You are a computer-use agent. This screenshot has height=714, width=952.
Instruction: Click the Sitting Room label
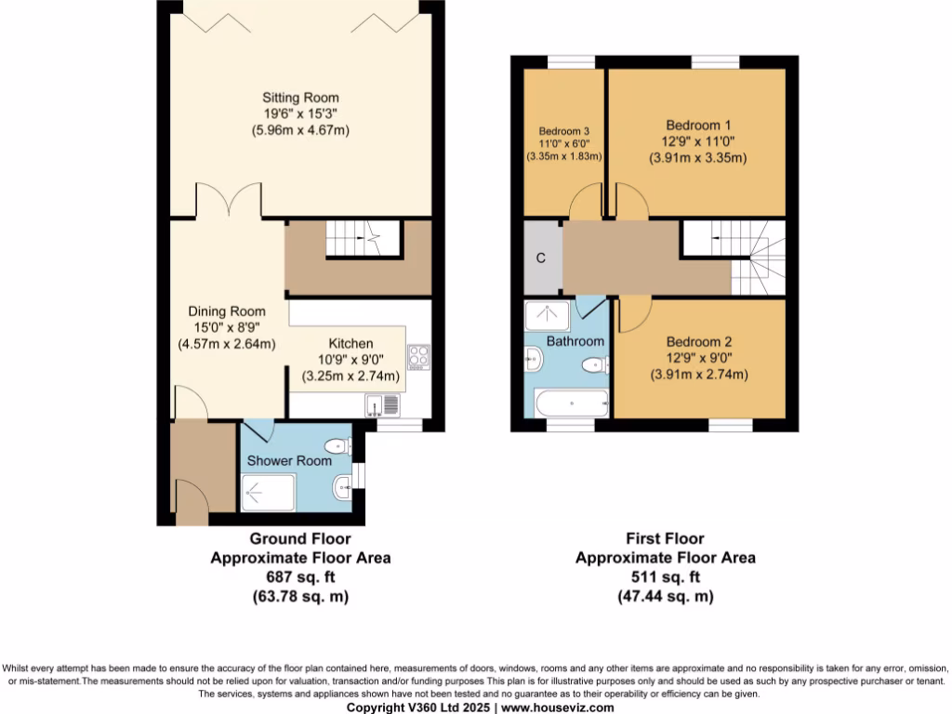point(300,98)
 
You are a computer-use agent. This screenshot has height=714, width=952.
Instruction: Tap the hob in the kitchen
point(418,357)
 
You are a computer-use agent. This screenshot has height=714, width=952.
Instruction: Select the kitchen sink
point(383,405)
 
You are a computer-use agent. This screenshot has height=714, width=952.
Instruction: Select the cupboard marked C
point(540,258)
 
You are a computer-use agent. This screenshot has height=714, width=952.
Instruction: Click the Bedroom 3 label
point(565,130)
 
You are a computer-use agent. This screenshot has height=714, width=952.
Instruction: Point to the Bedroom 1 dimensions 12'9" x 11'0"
point(697,141)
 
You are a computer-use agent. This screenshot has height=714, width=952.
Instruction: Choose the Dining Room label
point(227,311)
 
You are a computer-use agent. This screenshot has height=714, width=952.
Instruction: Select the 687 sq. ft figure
point(300,577)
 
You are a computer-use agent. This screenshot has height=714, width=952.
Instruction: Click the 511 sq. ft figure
point(665,577)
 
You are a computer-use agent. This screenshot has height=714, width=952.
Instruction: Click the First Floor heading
point(665,538)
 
